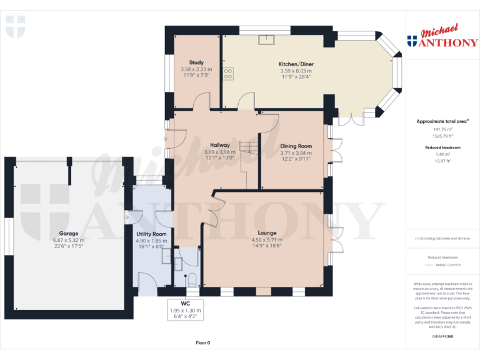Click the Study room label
pos(196,62)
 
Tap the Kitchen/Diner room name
pos(296,64)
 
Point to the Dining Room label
pos(296,145)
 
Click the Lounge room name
pos(267,232)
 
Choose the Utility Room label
pos(151,233)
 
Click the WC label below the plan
pos(185,303)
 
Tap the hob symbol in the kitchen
pos(228,74)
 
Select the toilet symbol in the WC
pos(192,278)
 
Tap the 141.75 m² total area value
pos(442,129)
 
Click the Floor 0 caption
pos(202,342)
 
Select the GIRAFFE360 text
pos(442,336)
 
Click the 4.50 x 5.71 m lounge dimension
pos(267,239)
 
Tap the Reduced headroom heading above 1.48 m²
pos(442,147)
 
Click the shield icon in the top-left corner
pos(15,27)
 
